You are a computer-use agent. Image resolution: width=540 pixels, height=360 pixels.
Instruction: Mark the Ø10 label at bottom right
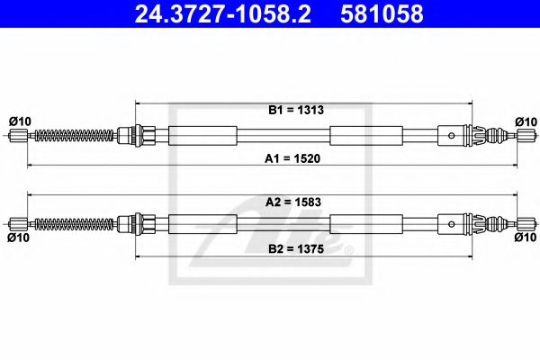tap(526, 238)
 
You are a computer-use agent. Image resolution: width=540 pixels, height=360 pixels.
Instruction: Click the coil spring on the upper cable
tap(76, 136)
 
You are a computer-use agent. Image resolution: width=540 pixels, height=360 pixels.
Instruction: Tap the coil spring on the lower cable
tap(76, 222)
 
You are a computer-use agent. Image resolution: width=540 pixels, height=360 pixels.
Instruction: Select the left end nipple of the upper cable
tap(17, 136)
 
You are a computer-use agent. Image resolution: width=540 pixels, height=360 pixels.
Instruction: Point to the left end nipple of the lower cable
tap(17, 222)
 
